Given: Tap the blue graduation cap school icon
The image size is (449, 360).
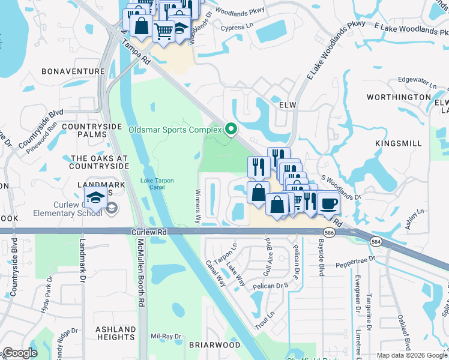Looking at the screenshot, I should (x=95, y=197).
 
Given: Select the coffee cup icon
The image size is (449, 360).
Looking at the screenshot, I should (x=328, y=203).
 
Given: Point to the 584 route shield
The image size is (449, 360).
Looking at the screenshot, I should (x=376, y=241).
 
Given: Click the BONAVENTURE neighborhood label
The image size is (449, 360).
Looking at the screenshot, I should (x=73, y=71).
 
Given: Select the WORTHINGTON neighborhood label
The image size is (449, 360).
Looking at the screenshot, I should (x=399, y=97).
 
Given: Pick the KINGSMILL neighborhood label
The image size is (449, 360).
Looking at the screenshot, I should (x=394, y=144).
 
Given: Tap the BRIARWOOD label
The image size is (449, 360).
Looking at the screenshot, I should (x=206, y=346).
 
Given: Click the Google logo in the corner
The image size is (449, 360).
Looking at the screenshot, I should (x=20, y=353).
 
